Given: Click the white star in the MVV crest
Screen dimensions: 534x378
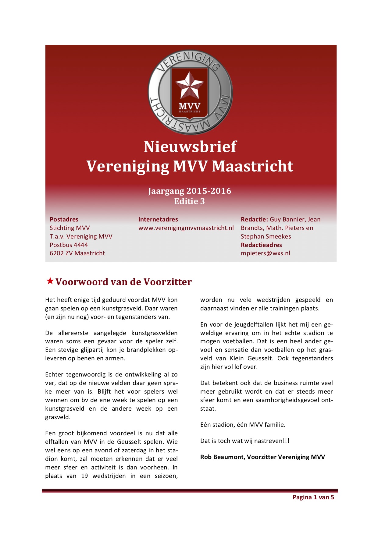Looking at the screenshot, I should pos(190,85).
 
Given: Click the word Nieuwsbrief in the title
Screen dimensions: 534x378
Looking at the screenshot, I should pos(190,147).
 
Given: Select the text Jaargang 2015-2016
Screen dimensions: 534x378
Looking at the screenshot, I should pos(190,191).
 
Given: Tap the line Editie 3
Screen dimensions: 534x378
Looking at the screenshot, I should pos(189,201).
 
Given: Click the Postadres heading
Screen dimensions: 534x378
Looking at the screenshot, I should pos(64,219).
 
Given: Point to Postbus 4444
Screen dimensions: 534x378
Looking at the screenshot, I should pos(69,245).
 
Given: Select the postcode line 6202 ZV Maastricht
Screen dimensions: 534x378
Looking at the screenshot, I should pos(77,253).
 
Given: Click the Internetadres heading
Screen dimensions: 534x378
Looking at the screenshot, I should pos(158,219).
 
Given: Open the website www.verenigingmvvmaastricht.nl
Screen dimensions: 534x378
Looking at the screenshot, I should pos(186,228).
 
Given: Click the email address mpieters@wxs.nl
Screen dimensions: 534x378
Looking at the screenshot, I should pos(265,253).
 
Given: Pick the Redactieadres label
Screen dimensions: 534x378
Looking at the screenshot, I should pos(261,245).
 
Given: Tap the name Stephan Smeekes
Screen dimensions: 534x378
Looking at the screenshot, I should pos(266,236).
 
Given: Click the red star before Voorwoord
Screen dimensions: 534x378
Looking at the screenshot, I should pos(50,281).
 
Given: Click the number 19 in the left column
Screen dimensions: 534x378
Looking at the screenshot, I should pos(84,476).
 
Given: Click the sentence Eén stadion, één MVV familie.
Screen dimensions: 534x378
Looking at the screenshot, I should pos(243,425).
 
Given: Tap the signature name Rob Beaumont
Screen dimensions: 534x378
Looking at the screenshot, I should pos(222,457).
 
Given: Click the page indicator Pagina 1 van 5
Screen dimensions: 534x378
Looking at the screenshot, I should pos(313,497).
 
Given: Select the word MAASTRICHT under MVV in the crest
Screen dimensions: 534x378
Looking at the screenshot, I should pos(190,112).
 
